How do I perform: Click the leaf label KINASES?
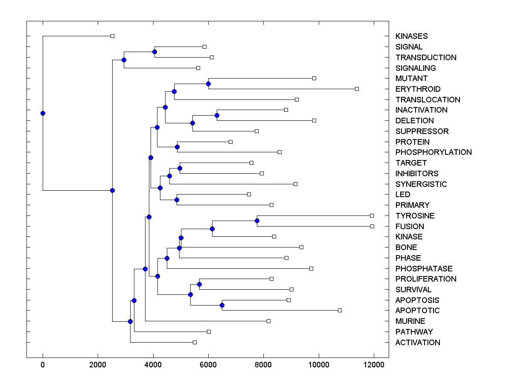(x=411, y=36)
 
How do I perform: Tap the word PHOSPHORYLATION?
(x=433, y=152)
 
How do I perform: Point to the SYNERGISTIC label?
(x=421, y=184)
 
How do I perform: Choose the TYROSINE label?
(x=415, y=216)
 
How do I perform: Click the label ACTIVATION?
(x=418, y=343)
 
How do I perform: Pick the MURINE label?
(x=410, y=321)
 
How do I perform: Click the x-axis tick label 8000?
(x=263, y=365)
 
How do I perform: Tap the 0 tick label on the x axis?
(x=43, y=365)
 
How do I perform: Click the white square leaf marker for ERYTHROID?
(x=357, y=89)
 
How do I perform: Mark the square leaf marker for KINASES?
(x=112, y=36)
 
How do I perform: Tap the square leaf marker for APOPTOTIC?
(x=340, y=310)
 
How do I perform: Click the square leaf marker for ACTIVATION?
(x=195, y=342)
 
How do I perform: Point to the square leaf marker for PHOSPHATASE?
(x=311, y=268)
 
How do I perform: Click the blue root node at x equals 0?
(x=43, y=113)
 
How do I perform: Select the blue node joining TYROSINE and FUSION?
(x=257, y=221)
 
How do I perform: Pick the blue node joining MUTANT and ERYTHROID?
(x=208, y=84)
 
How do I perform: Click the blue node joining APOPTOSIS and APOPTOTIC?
(x=222, y=305)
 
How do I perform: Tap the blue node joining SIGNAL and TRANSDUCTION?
(x=154, y=52)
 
